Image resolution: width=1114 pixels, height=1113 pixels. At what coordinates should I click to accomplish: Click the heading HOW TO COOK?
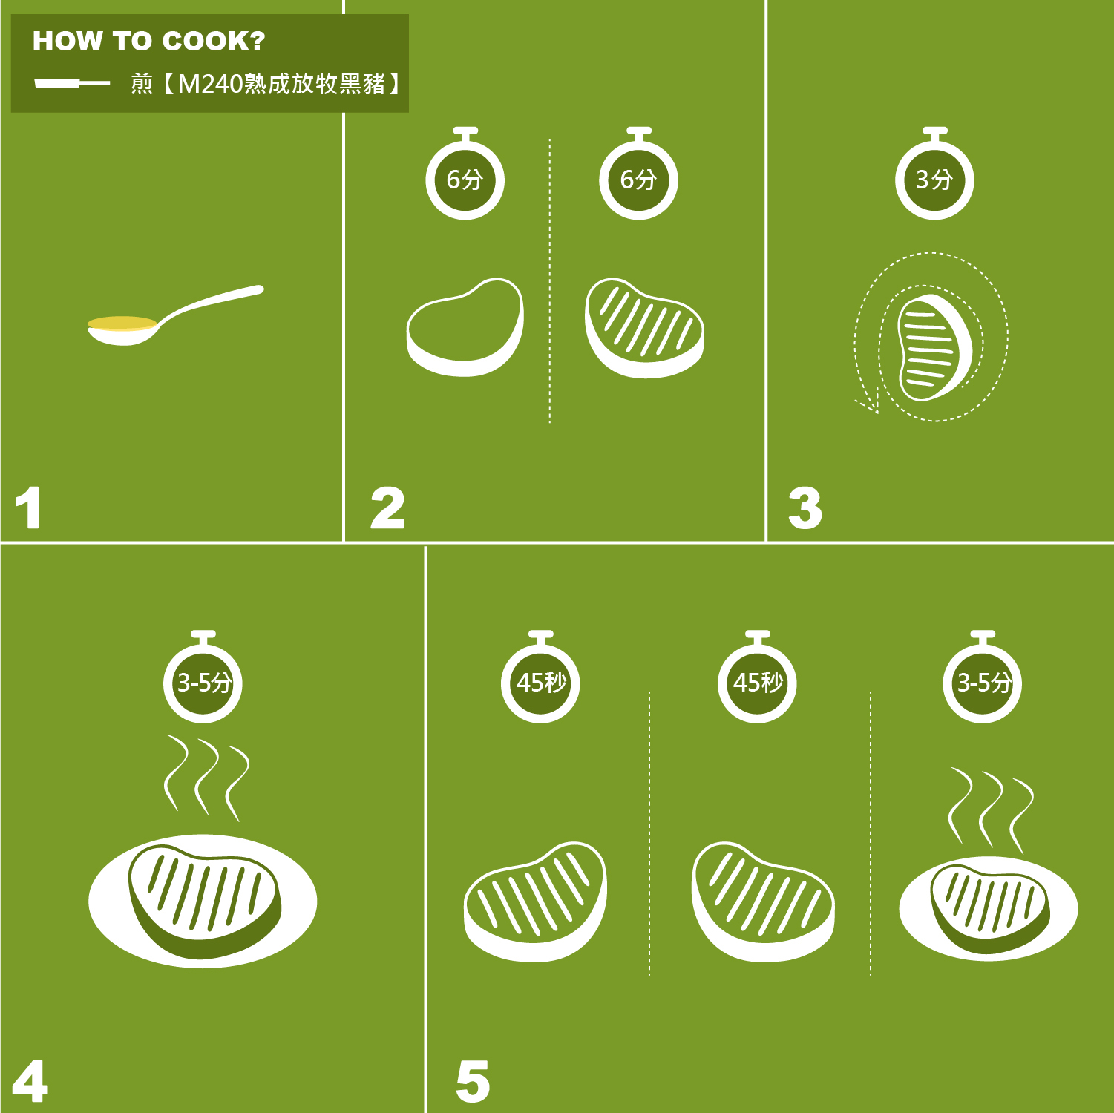coord(148,42)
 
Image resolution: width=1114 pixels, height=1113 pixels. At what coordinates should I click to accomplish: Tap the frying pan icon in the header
coord(72,83)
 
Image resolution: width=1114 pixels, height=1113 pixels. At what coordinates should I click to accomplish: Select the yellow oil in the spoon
coord(122,324)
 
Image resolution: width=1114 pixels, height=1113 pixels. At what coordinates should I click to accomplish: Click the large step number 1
coord(28,508)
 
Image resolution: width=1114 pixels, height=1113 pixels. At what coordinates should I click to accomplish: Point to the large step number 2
coord(387,508)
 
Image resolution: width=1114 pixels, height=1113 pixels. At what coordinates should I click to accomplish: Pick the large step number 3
coord(805,508)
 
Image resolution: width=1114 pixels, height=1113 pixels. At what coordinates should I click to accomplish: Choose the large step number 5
coord(473,1081)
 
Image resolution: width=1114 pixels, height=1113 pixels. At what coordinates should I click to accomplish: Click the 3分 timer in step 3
coord(934,174)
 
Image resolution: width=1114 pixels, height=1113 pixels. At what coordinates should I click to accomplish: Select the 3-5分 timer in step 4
coord(203,677)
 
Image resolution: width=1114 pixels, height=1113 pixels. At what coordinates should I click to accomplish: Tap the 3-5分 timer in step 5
coord(983,677)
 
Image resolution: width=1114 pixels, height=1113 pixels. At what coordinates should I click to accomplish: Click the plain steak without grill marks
coord(465,327)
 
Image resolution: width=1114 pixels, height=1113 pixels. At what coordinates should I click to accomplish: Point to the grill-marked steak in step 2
coord(644,328)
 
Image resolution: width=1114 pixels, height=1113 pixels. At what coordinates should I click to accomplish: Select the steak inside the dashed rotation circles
coord(934,347)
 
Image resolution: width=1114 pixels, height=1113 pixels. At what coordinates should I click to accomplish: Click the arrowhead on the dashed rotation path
coord(868,404)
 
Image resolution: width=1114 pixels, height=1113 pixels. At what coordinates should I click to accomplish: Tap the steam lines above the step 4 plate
coord(206,778)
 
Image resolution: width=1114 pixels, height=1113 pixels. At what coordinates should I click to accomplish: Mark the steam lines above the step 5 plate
coord(992,810)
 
